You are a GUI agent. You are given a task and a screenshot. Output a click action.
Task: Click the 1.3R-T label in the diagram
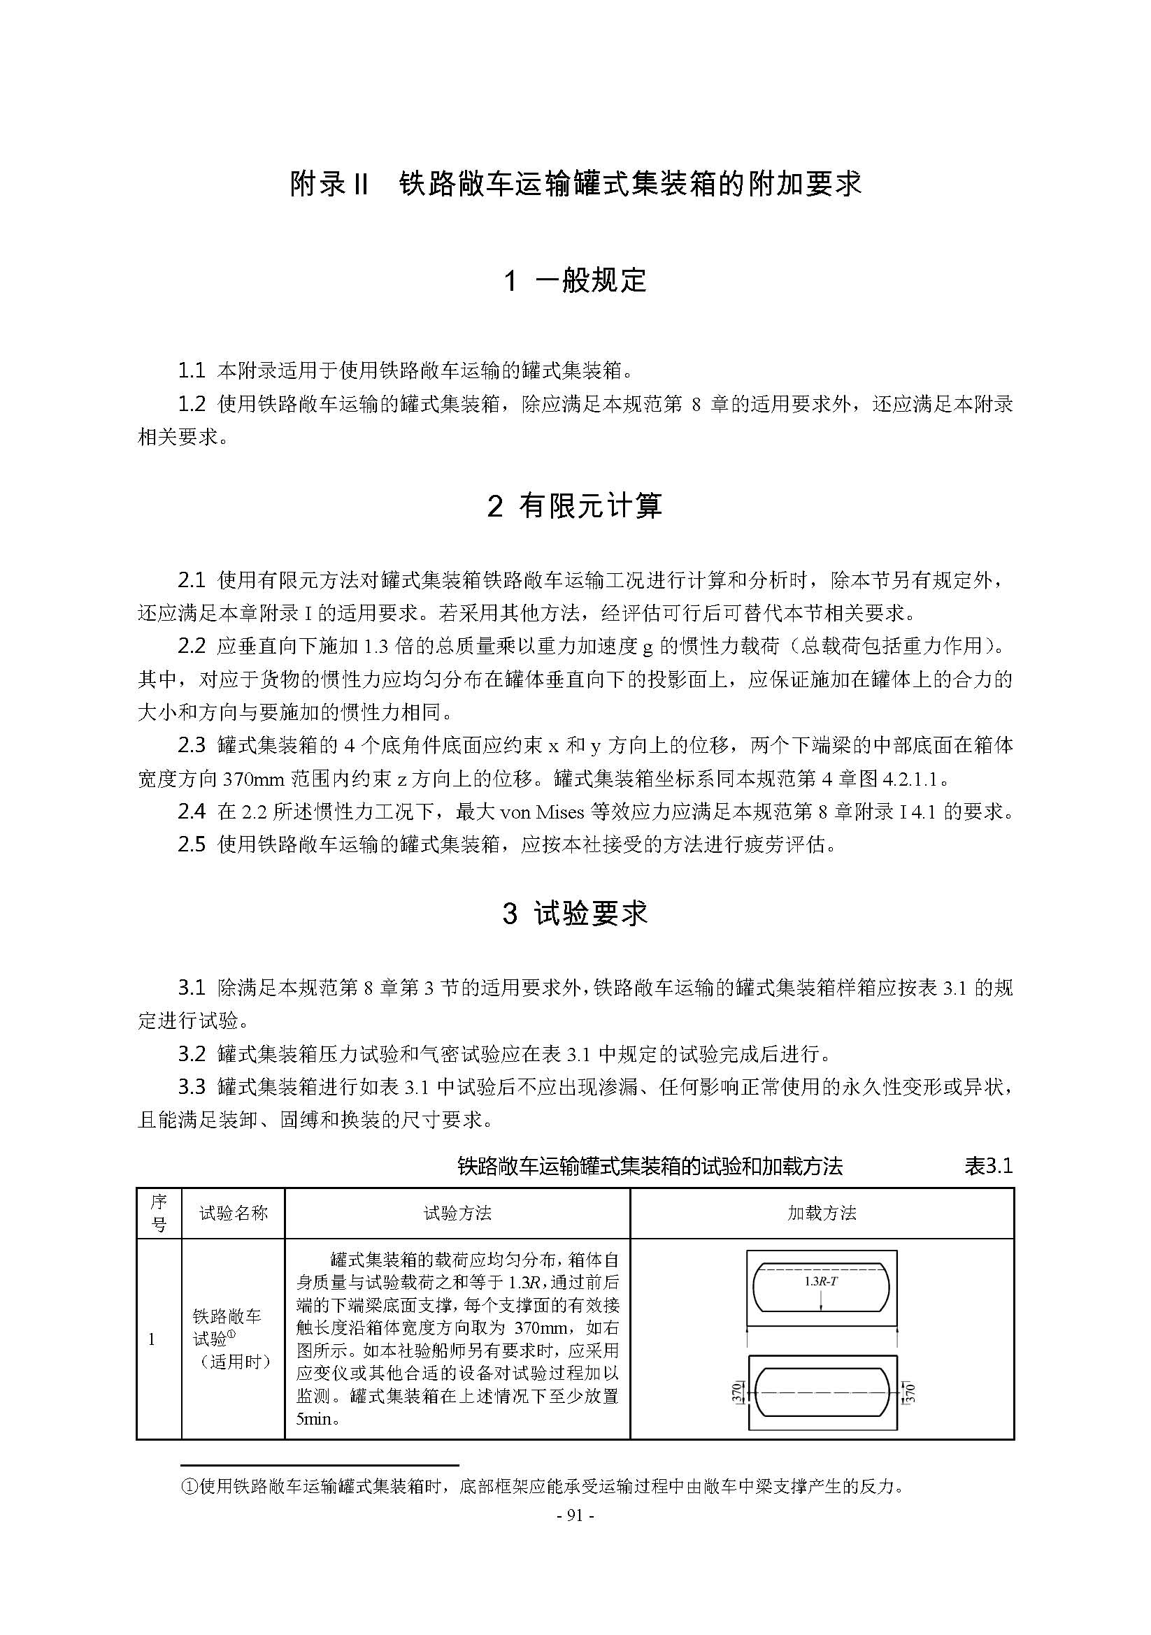coord(820,1281)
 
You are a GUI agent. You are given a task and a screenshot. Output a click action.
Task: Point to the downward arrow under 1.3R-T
coord(821,1299)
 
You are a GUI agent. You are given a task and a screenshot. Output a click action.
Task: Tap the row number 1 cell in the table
coord(152,1339)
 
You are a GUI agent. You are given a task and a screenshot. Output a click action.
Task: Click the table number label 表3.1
coord(988,1167)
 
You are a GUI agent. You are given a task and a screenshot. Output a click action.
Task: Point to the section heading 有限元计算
coord(589,506)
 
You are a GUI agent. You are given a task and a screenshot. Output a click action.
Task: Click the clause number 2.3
coord(192,746)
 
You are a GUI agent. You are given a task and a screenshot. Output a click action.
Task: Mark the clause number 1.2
coord(192,405)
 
